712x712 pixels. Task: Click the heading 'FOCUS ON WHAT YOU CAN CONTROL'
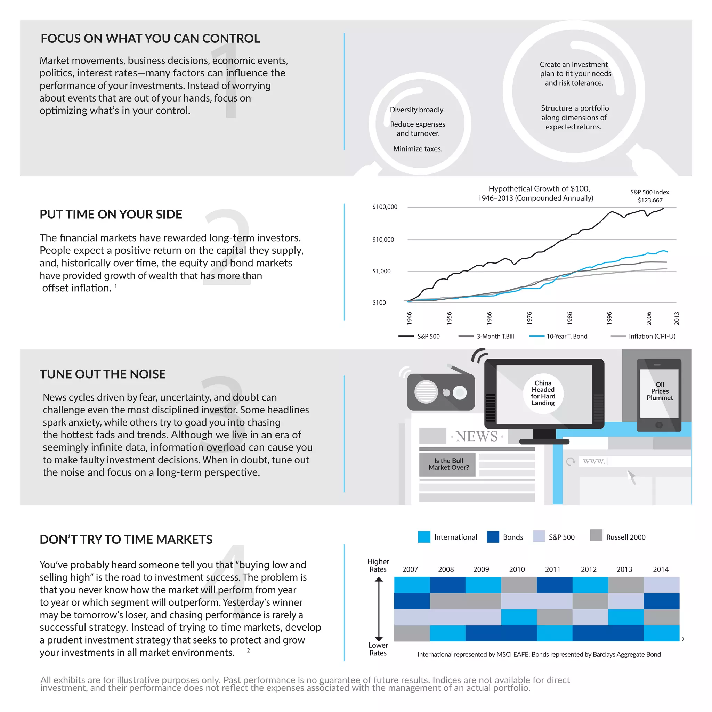coord(150,38)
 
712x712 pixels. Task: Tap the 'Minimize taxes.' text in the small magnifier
coord(418,149)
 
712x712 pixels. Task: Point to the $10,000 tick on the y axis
coord(383,240)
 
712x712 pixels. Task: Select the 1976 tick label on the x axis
coord(529,318)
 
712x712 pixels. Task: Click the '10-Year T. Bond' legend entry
coord(566,336)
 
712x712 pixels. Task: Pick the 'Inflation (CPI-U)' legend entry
coord(652,336)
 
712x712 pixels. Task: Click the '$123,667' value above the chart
coord(650,200)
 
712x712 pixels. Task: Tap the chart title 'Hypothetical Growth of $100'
coord(539,189)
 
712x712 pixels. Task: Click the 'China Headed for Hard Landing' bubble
coord(543,393)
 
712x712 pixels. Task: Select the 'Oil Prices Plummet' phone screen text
coord(659,391)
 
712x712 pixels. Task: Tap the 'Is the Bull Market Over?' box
coord(448,464)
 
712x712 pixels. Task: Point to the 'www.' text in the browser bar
coord(594,461)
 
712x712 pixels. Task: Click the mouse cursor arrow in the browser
coord(631,476)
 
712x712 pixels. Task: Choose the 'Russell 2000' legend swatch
coord(596,535)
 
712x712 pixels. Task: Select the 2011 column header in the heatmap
coord(552,569)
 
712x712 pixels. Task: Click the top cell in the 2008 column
coord(447,585)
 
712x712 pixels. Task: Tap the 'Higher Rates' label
coord(378,565)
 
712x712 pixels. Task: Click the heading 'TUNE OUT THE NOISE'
coord(103,374)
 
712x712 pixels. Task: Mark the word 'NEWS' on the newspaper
coord(477,436)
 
